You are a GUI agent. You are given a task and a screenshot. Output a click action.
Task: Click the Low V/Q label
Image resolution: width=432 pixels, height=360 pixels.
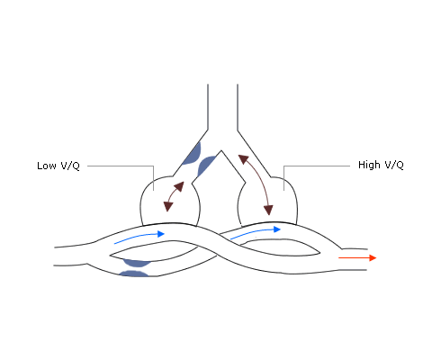pos(58,166)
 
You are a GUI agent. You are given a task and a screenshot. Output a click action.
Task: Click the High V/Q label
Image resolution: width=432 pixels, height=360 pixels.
pos(381,165)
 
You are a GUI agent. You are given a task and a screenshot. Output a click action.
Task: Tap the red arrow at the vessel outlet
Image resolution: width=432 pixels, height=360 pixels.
pos(357,257)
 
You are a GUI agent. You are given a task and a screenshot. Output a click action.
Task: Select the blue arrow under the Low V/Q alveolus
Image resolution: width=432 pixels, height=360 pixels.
pos(139,237)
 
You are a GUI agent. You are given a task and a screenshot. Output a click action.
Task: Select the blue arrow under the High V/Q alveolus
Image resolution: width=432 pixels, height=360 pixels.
pos(256,232)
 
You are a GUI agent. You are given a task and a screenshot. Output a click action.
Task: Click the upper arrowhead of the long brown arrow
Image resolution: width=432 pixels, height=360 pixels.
pos(244,159)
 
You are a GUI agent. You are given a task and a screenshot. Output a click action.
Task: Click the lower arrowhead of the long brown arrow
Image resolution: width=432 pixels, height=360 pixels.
pos(268,210)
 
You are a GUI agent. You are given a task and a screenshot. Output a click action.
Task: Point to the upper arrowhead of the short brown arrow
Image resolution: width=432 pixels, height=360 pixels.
pos(179,186)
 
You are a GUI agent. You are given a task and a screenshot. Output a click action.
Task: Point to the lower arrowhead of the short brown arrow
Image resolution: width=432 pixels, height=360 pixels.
pos(168,206)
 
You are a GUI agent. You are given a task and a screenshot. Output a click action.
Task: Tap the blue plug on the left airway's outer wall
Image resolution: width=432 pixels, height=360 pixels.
pos(193,155)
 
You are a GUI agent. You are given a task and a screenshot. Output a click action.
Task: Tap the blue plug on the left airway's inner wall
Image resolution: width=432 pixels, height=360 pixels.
pos(205,166)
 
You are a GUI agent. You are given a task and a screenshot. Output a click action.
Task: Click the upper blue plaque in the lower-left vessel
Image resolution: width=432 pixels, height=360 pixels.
pos(137,263)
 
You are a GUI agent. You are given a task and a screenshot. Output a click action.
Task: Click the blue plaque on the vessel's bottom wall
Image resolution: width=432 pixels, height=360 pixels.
pos(134,274)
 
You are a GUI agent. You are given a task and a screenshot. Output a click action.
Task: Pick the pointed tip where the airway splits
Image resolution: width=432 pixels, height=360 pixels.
pos(221,150)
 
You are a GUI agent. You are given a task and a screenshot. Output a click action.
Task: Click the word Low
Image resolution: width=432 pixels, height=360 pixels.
pos(47,166)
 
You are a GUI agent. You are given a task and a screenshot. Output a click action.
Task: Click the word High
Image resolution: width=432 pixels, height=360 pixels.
pos(369,165)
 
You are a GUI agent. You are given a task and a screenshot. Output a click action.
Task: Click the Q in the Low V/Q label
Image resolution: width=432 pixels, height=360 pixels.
pos(76,166)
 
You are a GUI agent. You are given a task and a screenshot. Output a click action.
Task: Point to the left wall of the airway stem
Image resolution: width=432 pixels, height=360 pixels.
pos(208,107)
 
